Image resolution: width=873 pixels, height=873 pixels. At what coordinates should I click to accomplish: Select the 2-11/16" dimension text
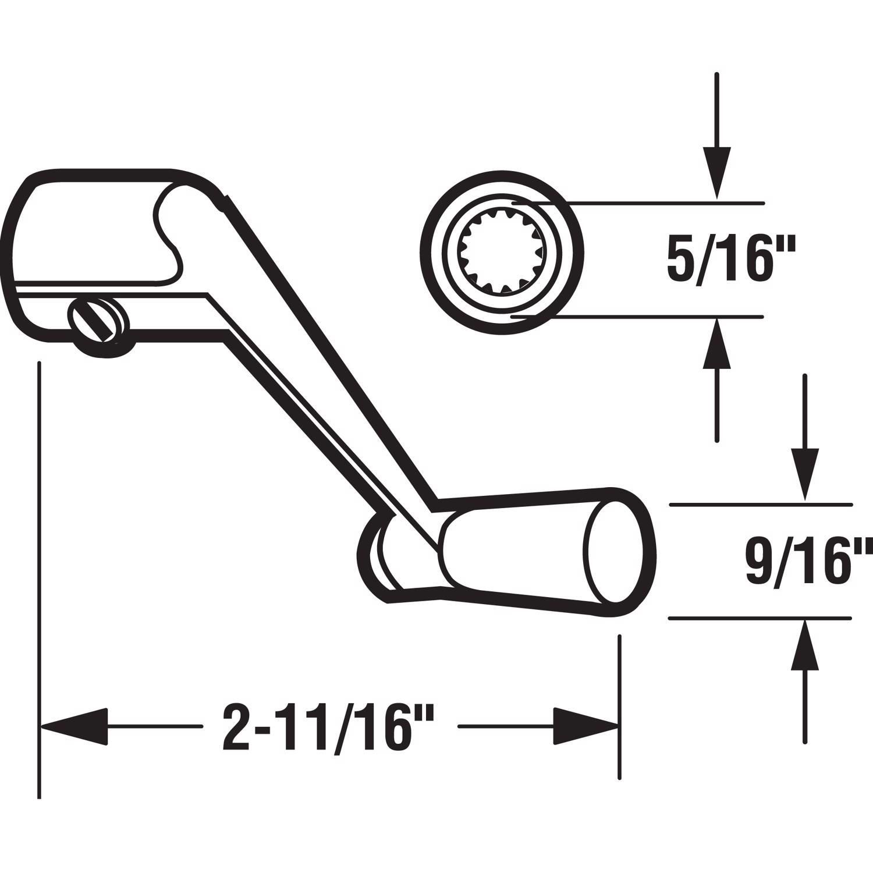click(x=329, y=728)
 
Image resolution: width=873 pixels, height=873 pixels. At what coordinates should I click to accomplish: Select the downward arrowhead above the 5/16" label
click(x=717, y=172)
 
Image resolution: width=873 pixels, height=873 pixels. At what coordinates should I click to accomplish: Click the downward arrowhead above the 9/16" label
click(x=804, y=474)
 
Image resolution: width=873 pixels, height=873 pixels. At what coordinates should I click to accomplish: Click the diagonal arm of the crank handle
click(x=326, y=361)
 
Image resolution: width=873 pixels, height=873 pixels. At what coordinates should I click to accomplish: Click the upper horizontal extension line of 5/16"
click(x=663, y=203)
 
